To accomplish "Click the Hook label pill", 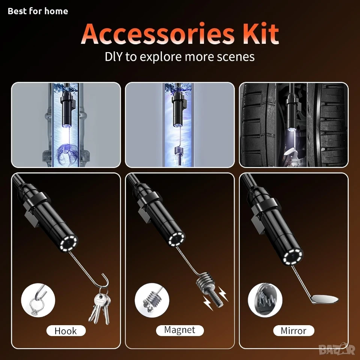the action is coord(66,331).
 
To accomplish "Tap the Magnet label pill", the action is coord(180,330).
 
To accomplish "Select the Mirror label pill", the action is coord(294,331).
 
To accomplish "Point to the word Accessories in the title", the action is coord(158,33).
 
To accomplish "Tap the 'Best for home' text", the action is coord(38,11).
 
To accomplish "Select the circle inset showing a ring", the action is coord(38,300).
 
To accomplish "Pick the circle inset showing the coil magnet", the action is coord(152,300).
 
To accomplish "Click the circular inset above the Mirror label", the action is coord(265,300).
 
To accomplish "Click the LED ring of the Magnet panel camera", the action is coord(177,240).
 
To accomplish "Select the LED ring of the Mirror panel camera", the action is coord(293,257).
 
